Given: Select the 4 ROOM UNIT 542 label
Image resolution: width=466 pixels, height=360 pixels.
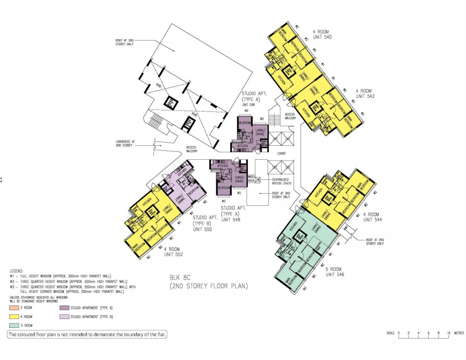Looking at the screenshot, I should [365, 93].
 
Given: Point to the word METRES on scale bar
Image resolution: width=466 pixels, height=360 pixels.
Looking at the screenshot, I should [459, 333].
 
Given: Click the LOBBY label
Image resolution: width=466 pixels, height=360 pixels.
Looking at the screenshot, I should [280, 153].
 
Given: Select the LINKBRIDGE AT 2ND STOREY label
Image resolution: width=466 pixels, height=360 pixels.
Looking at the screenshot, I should [125, 143].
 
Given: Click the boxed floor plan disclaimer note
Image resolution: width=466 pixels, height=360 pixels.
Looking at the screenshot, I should [87, 334].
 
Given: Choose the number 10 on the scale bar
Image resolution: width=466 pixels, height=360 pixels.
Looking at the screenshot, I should [448, 333].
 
